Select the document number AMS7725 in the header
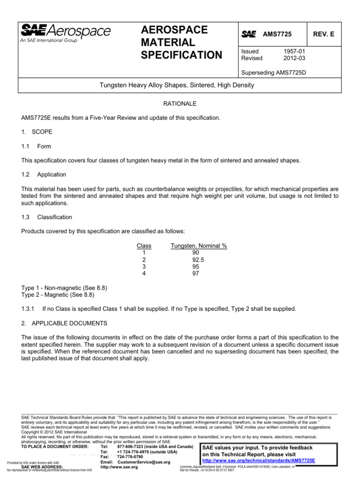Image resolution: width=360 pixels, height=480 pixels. click(277, 34)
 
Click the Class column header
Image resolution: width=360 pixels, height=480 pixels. click(144, 246)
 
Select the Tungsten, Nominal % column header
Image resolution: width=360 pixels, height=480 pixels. click(199, 246)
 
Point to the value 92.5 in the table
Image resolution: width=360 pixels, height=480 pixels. click(199, 259)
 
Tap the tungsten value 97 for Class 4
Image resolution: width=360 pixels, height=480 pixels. click(196, 273)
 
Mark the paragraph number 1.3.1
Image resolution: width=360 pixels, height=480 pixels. click(29, 309)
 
